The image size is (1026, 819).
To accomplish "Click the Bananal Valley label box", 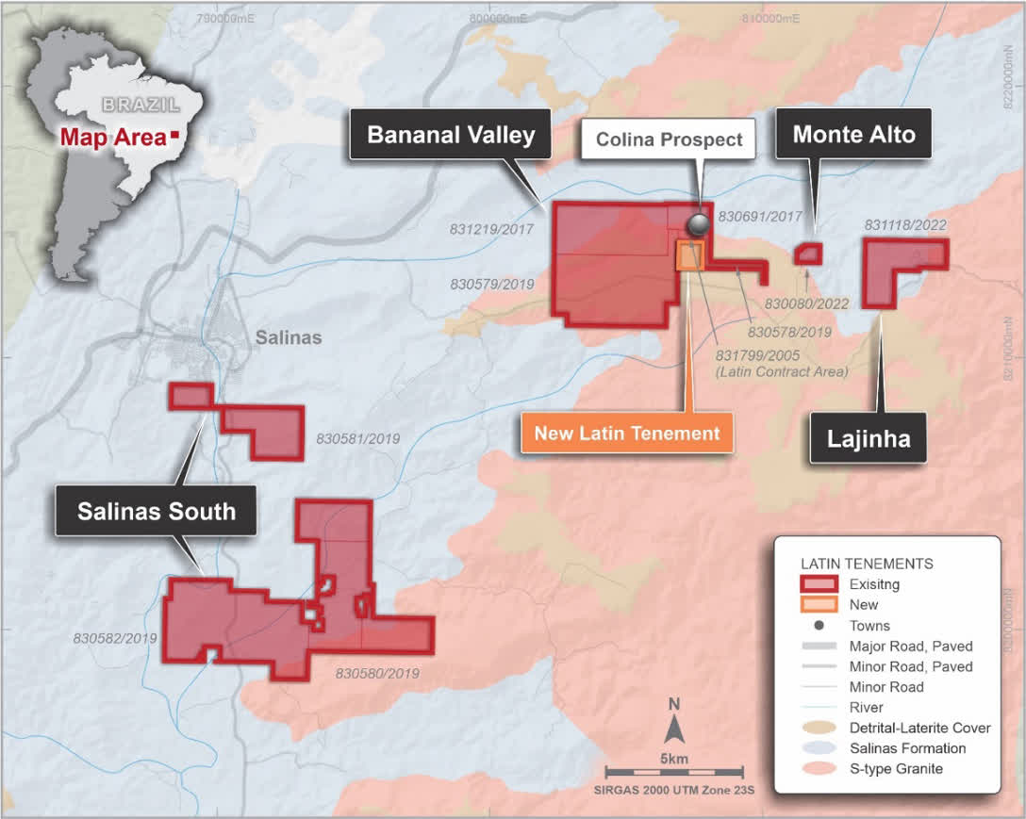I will tap(451, 135).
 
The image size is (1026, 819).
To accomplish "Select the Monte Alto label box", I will tap(853, 135).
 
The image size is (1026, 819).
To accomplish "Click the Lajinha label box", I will tap(868, 438).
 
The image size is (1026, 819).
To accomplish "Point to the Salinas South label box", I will tap(157, 512).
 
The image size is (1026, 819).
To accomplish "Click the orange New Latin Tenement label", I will tap(627, 434).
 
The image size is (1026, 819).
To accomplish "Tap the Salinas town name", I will tap(289, 337).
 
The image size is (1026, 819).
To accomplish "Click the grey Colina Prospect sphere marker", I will tap(699, 223).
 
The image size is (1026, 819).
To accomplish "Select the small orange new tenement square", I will tap(690, 256).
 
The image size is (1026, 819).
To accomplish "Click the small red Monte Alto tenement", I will tap(808, 254).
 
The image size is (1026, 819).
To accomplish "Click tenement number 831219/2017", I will tap(491, 229).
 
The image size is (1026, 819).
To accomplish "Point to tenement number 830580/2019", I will tap(377, 674).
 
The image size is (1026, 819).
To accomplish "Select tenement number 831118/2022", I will tap(905, 225).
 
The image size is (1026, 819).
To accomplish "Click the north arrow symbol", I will tap(673, 728).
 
